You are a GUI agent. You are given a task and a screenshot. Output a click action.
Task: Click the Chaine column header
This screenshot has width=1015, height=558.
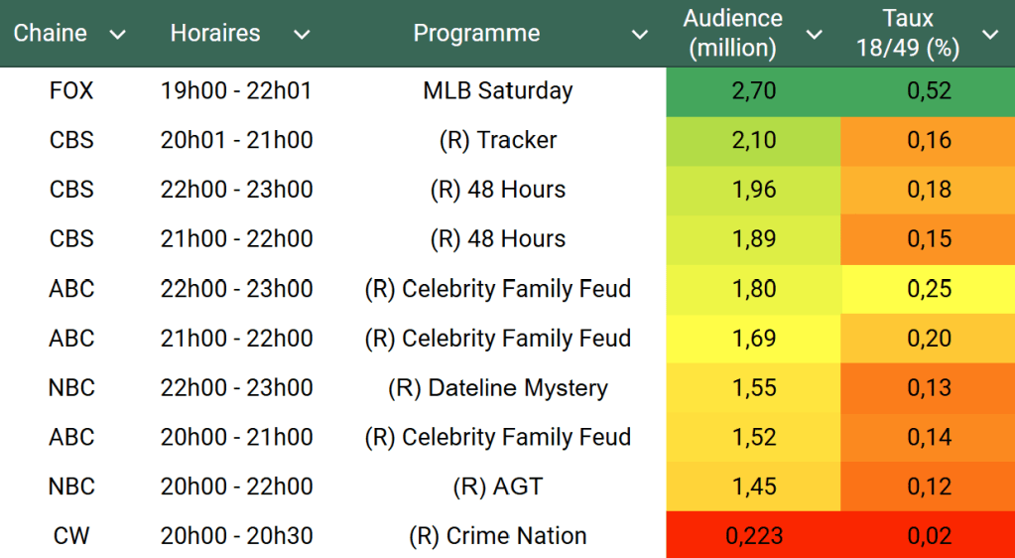click(x=50, y=33)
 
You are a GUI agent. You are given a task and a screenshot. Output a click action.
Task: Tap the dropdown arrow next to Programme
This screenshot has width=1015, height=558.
click(x=640, y=35)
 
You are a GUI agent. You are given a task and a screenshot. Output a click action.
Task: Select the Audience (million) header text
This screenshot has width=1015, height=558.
click(x=733, y=33)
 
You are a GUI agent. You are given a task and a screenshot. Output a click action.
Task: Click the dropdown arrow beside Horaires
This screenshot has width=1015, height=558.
click(x=302, y=35)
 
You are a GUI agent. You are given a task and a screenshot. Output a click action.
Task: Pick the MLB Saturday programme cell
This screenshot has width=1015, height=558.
click(x=498, y=90)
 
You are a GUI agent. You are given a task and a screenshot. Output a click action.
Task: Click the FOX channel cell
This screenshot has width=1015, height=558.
click(x=71, y=90)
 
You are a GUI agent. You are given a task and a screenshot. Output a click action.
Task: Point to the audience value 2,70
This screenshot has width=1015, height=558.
click(x=753, y=90)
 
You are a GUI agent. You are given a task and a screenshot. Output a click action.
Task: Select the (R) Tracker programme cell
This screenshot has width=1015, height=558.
click(x=498, y=140)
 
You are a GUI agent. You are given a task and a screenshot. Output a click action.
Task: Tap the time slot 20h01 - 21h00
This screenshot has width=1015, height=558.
click(x=236, y=140)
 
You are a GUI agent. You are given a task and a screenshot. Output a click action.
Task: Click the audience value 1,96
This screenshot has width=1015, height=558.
click(x=753, y=190)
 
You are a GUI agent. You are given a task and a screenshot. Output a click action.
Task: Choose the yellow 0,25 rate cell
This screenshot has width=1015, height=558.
click(x=929, y=289)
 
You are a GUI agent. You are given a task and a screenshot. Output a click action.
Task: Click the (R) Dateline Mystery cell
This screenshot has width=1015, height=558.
click(x=498, y=387)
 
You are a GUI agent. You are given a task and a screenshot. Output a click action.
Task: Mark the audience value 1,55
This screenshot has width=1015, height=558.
click(x=753, y=387)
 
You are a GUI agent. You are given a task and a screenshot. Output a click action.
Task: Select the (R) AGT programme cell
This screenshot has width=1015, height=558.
click(x=498, y=487)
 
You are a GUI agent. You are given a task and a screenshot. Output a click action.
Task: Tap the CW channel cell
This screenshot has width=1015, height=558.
click(x=71, y=536)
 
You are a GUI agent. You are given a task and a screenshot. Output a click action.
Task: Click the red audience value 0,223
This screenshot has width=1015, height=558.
click(x=753, y=536)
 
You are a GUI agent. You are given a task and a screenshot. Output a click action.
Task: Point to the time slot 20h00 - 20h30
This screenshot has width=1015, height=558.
click(x=236, y=536)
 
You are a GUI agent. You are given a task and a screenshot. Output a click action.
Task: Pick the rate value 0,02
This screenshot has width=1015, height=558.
click(x=929, y=536)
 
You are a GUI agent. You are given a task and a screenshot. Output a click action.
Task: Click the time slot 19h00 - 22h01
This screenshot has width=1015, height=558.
click(x=236, y=90)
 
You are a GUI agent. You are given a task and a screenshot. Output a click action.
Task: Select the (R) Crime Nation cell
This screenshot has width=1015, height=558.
click(x=498, y=536)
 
